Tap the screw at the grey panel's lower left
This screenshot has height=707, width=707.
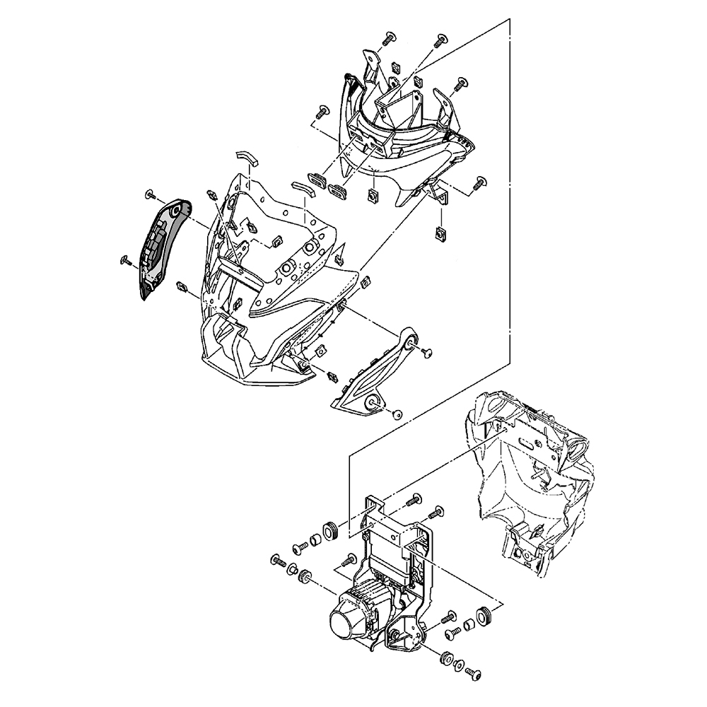pos(126,261)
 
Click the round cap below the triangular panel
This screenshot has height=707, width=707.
pos(397,414)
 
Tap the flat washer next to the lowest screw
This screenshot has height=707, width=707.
pos(460,666)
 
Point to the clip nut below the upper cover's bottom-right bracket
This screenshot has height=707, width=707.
pos(442,233)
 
